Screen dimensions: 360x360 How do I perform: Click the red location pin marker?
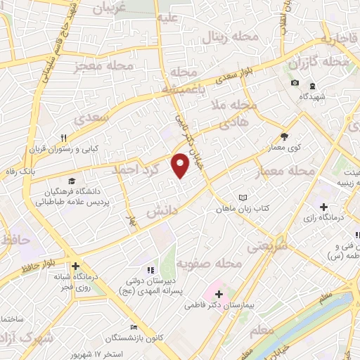181,166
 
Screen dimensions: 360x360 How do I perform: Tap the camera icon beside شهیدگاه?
294,84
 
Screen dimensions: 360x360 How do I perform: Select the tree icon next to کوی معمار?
284,137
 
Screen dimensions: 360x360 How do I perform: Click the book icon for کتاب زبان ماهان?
243,198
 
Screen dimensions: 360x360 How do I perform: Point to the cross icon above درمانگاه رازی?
323,207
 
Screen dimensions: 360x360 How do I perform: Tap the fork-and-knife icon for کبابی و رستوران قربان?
64,138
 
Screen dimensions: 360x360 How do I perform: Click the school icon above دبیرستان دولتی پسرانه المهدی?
150,270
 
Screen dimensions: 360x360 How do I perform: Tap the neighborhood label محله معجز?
103,67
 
